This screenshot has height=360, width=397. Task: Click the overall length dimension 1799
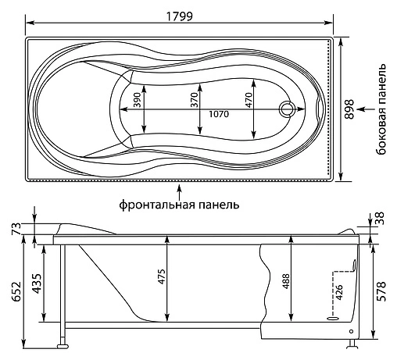(180, 16)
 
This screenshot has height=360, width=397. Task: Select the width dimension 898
(349, 109)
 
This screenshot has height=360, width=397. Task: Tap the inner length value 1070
(219, 114)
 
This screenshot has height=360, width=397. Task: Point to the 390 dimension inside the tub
(137, 100)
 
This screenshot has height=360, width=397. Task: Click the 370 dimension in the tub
(194, 100)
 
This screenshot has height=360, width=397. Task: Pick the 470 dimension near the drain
(249, 100)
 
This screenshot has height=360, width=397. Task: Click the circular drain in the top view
(287, 109)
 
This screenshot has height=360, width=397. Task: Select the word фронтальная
(157, 205)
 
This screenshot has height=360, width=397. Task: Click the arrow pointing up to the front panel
(179, 191)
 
